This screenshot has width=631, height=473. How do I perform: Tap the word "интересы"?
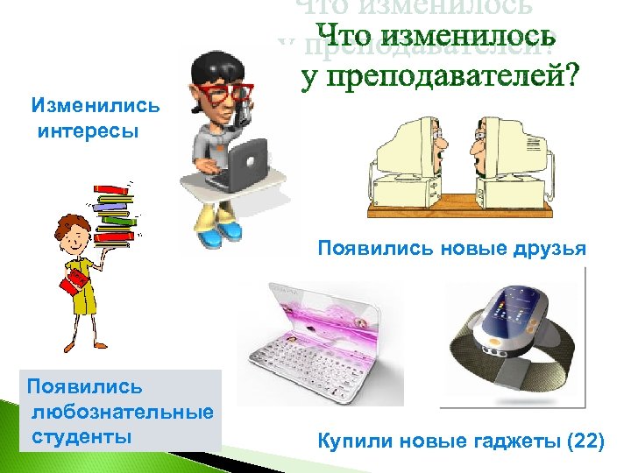[89, 132]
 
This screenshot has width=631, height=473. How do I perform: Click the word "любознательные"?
[123, 412]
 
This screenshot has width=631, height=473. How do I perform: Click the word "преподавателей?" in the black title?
[439, 78]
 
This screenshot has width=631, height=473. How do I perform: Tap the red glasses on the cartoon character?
[223, 90]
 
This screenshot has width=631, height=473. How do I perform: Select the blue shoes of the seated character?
[217, 232]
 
